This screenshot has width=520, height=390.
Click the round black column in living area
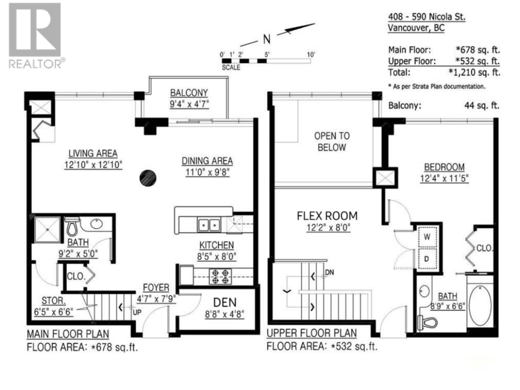point(148,178)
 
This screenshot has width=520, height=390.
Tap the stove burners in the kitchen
point(220,276)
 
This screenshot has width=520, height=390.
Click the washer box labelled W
point(427,237)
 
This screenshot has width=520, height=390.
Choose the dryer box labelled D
point(427,259)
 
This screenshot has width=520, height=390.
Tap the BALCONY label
point(189,93)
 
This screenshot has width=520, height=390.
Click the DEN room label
point(225,303)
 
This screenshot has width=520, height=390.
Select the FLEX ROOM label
point(327,216)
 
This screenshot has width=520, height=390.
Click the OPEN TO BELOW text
point(332,142)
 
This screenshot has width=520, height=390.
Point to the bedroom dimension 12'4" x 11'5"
point(444,178)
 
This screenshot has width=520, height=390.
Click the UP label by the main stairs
point(137,312)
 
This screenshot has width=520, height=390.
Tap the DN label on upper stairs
point(329,272)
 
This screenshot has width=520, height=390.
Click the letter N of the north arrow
point(266,40)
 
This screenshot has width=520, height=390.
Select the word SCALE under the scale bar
point(231,68)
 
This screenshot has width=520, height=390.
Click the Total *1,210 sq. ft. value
point(474,72)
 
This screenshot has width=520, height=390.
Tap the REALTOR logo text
point(35,64)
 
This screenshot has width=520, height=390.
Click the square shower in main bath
point(48,229)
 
